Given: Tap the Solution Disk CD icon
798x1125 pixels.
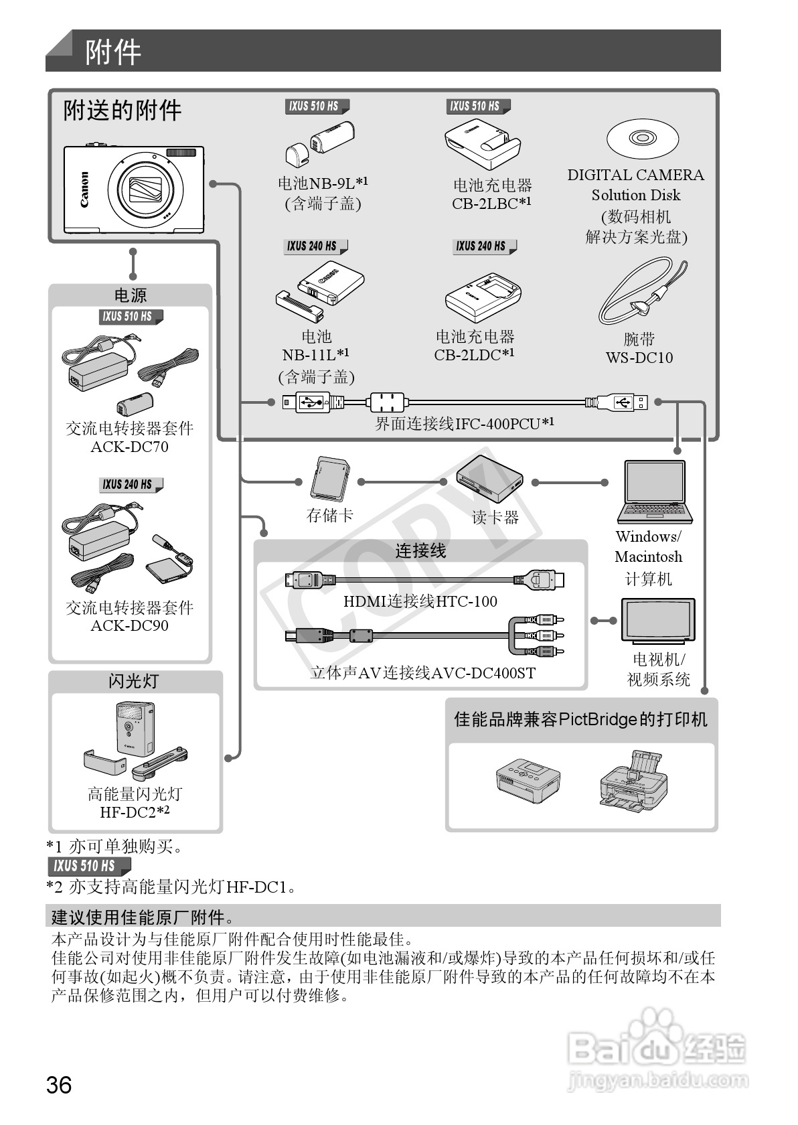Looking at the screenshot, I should [642, 139].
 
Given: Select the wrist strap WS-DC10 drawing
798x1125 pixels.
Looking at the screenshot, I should [641, 294].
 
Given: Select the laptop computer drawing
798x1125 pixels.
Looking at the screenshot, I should [654, 492].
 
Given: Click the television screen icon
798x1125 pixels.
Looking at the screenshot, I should [657, 620].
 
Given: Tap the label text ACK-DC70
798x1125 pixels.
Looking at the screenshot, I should [130, 447].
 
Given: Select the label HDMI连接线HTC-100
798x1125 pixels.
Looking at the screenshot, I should [420, 601].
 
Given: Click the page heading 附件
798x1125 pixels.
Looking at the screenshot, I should [113, 52].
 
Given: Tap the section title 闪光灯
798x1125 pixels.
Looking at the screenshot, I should [134, 681].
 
